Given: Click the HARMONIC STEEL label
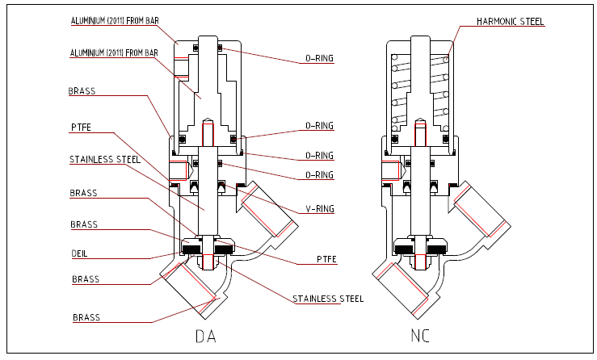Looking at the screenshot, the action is [511, 21].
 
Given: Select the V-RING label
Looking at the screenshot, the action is [320, 208].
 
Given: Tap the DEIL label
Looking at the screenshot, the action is [80, 253].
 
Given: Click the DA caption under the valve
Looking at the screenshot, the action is [206, 336].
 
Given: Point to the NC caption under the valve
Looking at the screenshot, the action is [420, 336].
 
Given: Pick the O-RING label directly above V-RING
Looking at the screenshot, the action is [319, 174].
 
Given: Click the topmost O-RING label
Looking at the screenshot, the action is [319, 58].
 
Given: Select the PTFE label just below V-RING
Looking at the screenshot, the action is [326, 259].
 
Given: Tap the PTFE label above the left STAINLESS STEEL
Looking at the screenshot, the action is [81, 127].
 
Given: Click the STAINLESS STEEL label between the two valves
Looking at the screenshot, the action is [328, 299].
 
